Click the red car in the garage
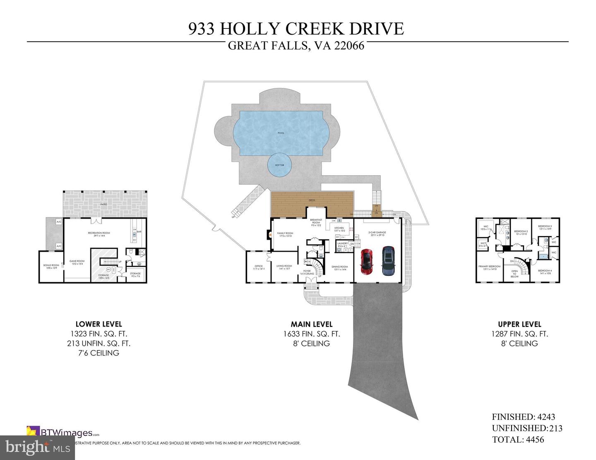366,262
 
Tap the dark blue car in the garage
388,261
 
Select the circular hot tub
279,165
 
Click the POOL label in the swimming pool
281,133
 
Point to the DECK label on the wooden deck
312,200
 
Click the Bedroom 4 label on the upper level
545,272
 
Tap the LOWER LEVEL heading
99,324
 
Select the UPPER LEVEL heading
519,324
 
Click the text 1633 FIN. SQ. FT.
311,334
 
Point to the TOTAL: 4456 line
518,440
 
